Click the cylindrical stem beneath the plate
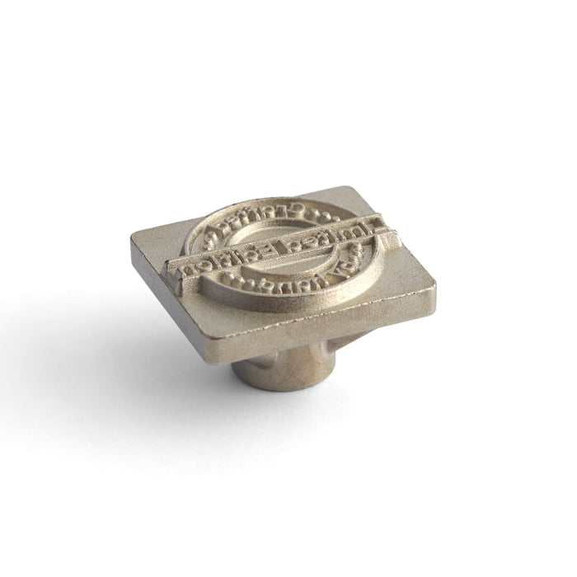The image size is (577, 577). click(280, 363)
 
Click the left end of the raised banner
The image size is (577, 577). click(171, 268)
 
